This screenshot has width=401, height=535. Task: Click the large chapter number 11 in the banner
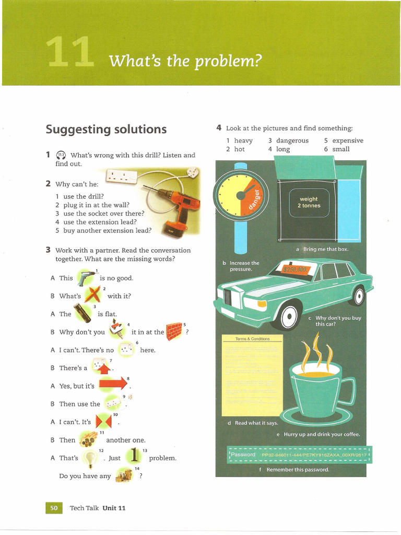point(69,54)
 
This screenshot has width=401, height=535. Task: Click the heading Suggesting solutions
point(106,129)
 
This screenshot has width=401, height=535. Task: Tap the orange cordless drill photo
point(178,206)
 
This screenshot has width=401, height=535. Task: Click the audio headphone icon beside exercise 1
point(61,155)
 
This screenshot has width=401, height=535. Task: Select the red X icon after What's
point(92,295)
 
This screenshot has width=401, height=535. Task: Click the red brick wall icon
point(173,331)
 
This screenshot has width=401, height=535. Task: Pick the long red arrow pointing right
point(113,385)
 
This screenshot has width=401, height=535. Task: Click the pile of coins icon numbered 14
point(124,475)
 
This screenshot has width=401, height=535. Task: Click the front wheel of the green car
point(288,317)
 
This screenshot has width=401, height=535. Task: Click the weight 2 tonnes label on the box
point(309,202)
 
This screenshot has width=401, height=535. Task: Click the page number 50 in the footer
point(54,508)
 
